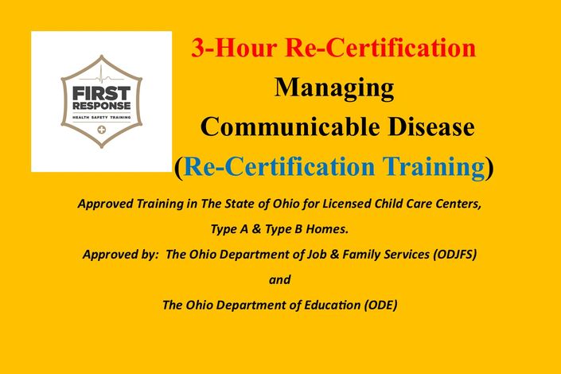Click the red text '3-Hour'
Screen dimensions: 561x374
234,48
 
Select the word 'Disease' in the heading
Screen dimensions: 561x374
431,127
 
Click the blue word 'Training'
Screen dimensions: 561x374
434,167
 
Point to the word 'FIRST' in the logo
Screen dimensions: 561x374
102,94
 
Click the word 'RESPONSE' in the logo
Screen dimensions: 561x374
102,106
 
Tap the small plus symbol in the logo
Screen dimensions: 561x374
102,130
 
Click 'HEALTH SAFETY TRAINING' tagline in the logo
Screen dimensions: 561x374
102,118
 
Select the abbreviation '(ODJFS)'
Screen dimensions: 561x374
454,255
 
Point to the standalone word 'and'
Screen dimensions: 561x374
280,279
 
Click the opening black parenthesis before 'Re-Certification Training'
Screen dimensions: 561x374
179,169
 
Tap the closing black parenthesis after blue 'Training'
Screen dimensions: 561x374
490,169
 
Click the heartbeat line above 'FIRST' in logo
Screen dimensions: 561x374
102,77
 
